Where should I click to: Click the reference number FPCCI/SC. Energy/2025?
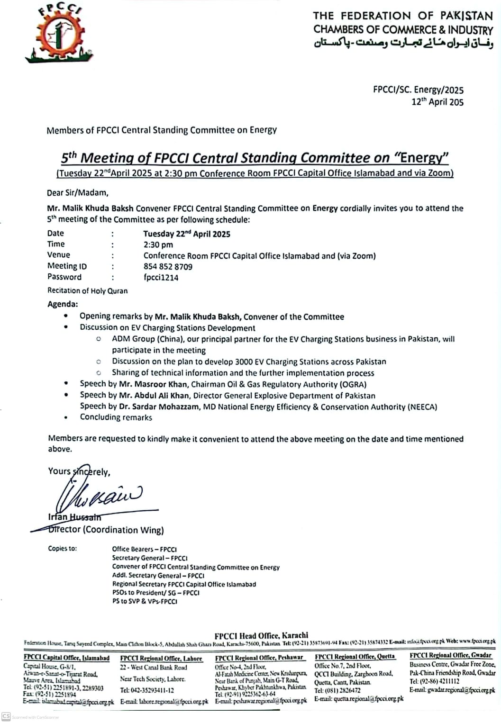[418, 90]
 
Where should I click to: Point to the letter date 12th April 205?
[437, 102]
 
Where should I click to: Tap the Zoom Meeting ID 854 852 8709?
[168, 267]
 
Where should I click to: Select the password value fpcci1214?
[161, 278]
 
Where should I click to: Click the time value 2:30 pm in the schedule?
[158, 245]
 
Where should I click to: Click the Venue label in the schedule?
[59, 255]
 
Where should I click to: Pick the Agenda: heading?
[63, 304]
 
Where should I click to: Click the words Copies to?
[62, 549]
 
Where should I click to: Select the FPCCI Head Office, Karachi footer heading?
[261, 635]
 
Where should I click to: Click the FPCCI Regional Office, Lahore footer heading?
[161, 659]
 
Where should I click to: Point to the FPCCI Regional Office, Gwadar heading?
[450, 655]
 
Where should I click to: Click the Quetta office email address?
[359, 699]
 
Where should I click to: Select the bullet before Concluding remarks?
[66, 418]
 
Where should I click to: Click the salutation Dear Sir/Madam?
[78, 193]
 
